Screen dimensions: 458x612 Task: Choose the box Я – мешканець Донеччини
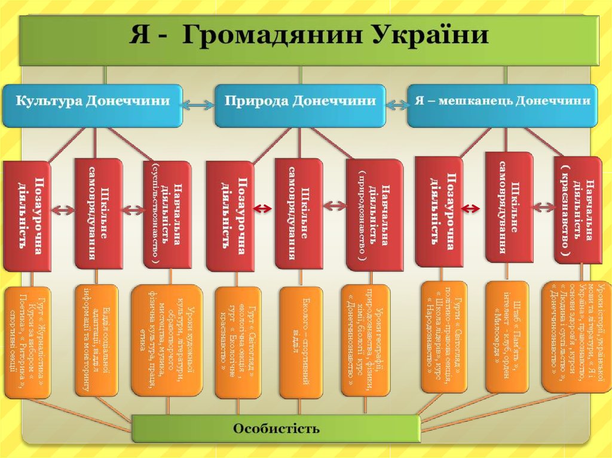[502, 102]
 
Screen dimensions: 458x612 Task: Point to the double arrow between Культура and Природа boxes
[197, 105]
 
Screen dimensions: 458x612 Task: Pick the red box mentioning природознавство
[375, 216]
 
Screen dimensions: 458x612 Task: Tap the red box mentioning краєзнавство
[577, 210]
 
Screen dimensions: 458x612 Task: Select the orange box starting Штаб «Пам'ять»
[507, 337]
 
